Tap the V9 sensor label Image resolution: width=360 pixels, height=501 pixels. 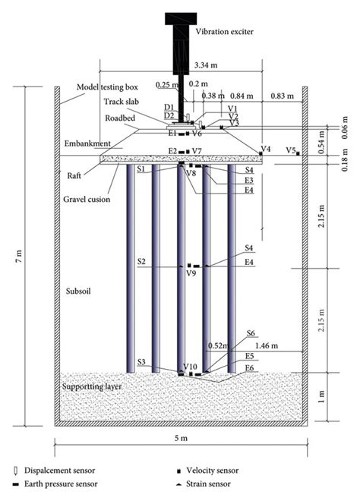tap(191, 274)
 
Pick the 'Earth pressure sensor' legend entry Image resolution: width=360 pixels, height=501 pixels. tap(65, 486)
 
